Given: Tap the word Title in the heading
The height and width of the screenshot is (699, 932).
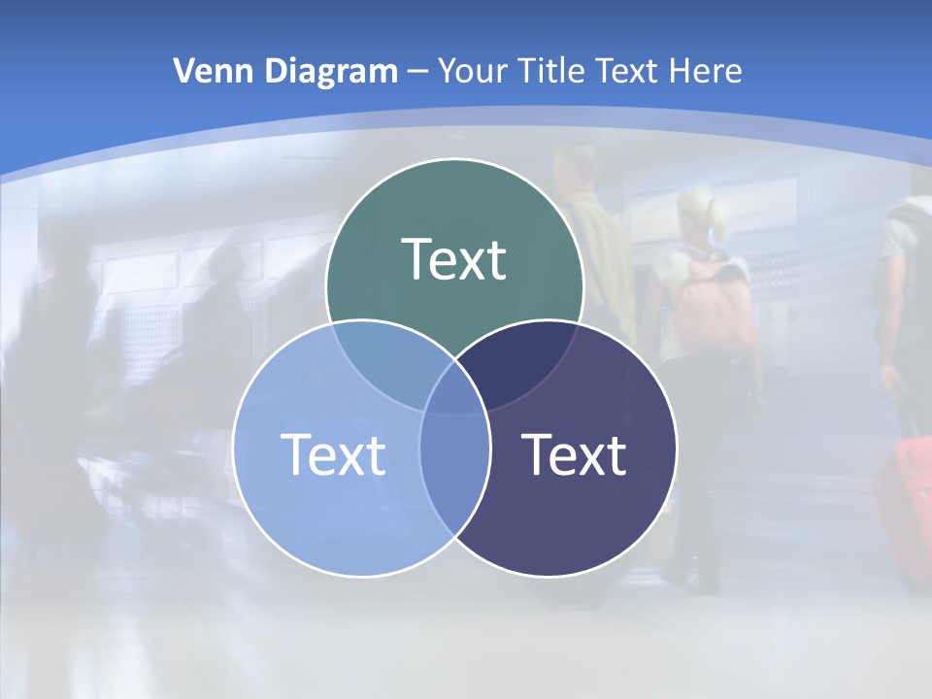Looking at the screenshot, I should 550,71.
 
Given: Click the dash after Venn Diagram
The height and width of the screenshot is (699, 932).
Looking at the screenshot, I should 418,72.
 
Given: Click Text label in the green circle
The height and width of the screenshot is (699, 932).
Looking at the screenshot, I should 454,259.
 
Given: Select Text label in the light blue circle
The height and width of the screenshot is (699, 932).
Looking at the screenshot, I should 333,453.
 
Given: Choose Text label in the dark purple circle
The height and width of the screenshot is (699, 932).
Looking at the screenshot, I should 574,453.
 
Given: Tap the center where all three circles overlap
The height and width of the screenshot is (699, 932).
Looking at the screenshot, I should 454,390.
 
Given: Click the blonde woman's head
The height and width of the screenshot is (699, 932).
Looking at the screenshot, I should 701,214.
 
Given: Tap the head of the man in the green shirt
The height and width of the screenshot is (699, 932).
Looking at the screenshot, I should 580,165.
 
